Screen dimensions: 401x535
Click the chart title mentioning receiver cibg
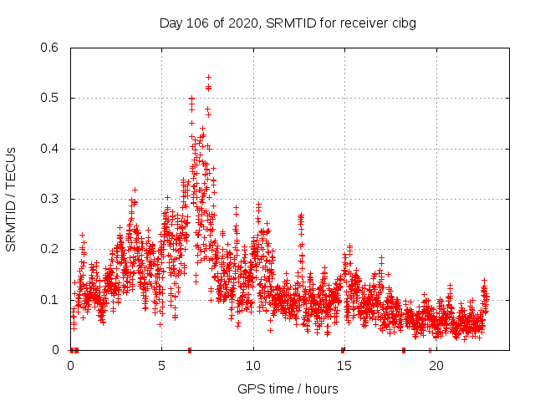[288, 23]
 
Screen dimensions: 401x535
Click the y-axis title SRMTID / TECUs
[11, 199]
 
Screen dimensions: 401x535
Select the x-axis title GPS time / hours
[288, 388]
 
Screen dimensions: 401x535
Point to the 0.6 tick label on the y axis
[51, 48]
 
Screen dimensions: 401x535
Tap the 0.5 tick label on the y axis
[51, 99]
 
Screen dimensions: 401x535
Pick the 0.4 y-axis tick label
[51, 149]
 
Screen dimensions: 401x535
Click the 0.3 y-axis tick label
[51, 199]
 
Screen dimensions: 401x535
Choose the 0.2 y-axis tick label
[51, 250]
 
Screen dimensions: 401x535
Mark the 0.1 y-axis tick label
[51, 300]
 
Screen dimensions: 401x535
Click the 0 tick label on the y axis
[57, 350]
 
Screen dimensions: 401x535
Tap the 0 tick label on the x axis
[70, 366]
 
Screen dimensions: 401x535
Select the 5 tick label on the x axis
[161, 366]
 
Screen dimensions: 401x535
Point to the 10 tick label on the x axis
[252, 366]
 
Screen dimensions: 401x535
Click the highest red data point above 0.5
[208, 77]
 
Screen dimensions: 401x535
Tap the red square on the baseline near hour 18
[404, 350]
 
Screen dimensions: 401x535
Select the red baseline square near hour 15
[343, 350]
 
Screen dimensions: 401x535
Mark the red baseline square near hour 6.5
[190, 350]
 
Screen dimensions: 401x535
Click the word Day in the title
[171, 23]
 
